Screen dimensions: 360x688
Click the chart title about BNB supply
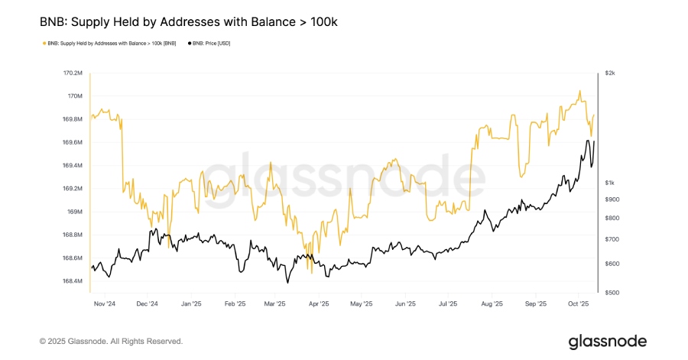pyautogui.click(x=188, y=22)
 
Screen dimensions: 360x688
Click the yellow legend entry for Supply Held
pyautogui.click(x=111, y=44)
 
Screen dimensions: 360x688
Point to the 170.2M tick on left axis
pyautogui.click(x=73, y=73)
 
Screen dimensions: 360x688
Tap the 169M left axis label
pyautogui.click(x=73, y=212)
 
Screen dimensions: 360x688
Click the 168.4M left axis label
pyautogui.click(x=73, y=281)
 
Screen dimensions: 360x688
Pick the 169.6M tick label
pyautogui.click(x=73, y=143)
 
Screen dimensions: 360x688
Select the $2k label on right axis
pyautogui.click(x=609, y=73)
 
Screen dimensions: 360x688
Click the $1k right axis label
pyautogui.click(x=609, y=183)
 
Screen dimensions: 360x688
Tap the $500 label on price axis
pyautogui.click(x=611, y=293)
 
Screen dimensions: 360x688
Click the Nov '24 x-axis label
pyautogui.click(x=103, y=303)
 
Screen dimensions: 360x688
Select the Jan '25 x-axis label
pyautogui.click(x=190, y=303)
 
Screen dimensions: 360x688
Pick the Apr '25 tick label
pyautogui.click(x=319, y=303)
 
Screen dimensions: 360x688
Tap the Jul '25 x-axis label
pyautogui.click(x=447, y=303)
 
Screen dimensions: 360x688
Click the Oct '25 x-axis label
pyautogui.click(x=577, y=303)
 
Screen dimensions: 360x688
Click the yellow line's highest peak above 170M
pyautogui.click(x=579, y=91)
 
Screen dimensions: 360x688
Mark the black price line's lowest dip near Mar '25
pyautogui.click(x=287, y=283)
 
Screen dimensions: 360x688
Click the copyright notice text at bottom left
pyautogui.click(x=111, y=341)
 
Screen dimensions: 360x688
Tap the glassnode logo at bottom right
pyautogui.click(x=607, y=341)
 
